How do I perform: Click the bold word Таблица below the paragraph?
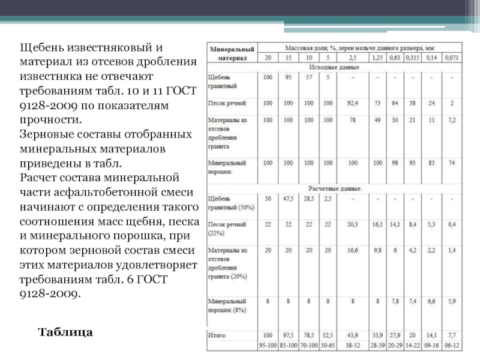pyautogui.click(x=66, y=331)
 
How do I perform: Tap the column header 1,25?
pyautogui.click(x=377, y=58)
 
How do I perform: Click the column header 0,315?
pyautogui.click(x=412, y=58)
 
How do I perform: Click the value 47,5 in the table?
pyautogui.click(x=290, y=198)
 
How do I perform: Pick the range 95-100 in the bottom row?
pyautogui.click(x=267, y=345)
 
